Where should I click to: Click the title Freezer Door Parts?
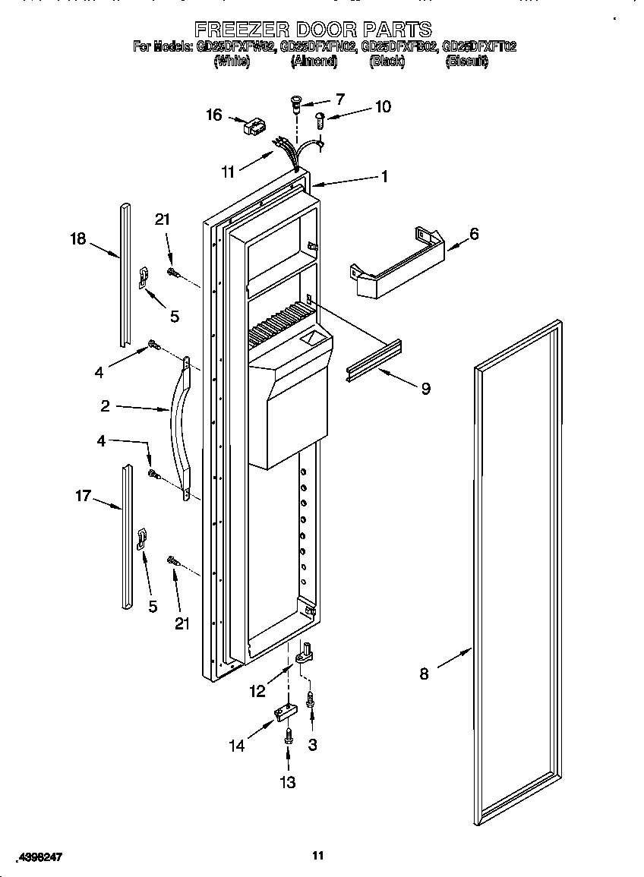click(x=313, y=30)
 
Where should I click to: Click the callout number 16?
click(x=214, y=115)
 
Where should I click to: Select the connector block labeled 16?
click(x=252, y=126)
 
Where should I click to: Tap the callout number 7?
click(x=339, y=99)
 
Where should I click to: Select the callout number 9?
click(x=425, y=389)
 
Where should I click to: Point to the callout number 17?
click(x=83, y=496)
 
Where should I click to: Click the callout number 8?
click(x=424, y=673)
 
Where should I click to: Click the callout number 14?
click(x=237, y=746)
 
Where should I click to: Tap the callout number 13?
click(x=289, y=782)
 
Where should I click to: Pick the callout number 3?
click(x=312, y=745)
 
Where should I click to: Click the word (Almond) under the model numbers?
click(x=313, y=62)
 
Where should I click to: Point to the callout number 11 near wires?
click(x=228, y=172)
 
